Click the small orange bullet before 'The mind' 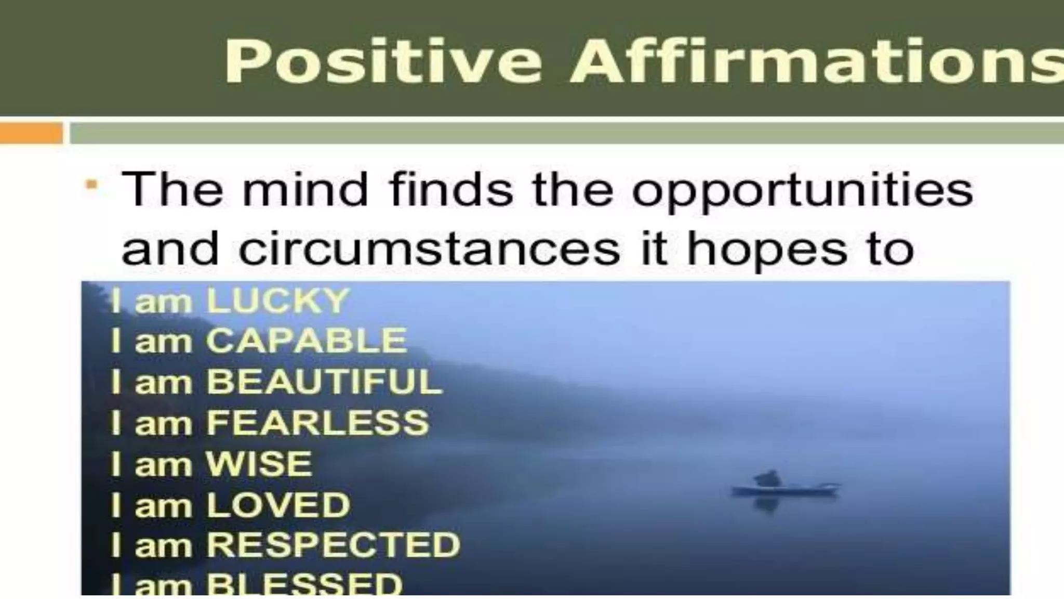pyautogui.click(x=92, y=185)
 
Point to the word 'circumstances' pyautogui.click(x=429, y=249)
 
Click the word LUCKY pyautogui.click(x=277, y=301)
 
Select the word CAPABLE pyautogui.click(x=307, y=341)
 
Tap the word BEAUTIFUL pyautogui.click(x=324, y=382)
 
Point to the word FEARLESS pyautogui.click(x=317, y=422)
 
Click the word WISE pyautogui.click(x=259, y=463)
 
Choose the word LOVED pyautogui.click(x=278, y=504)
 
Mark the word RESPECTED pyautogui.click(x=333, y=545)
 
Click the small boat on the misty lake pyautogui.click(x=784, y=489)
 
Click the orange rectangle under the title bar pyautogui.click(x=31, y=133)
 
